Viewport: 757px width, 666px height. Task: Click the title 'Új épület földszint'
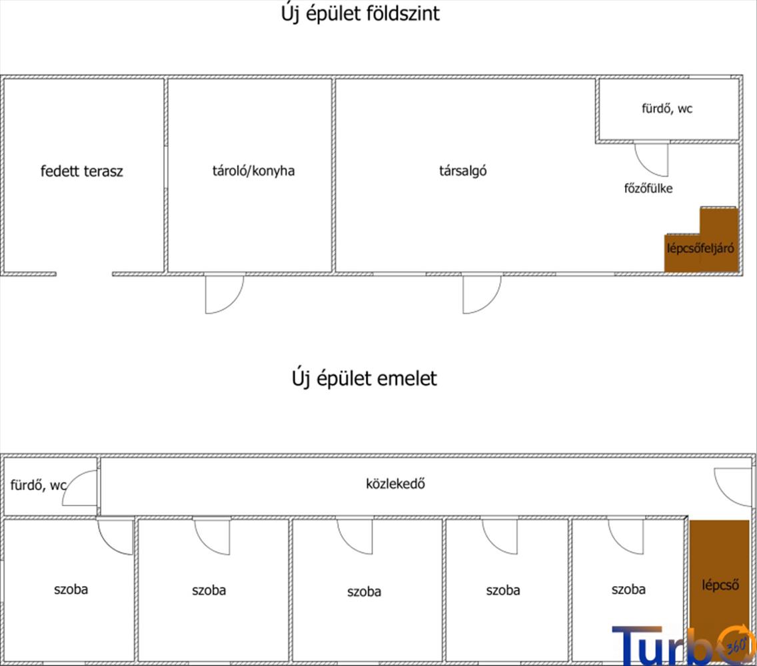click(361, 14)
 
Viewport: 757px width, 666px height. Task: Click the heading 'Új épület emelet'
click(364, 379)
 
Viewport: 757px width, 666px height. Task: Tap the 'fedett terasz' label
click(82, 171)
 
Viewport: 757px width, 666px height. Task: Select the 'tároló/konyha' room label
click(253, 170)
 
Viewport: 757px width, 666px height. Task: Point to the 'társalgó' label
click(462, 170)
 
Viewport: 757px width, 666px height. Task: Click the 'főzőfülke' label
click(648, 188)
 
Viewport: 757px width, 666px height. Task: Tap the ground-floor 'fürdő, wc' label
click(666, 109)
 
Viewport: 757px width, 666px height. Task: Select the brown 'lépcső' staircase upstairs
click(720, 586)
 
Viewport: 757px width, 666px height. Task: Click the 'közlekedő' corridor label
click(395, 484)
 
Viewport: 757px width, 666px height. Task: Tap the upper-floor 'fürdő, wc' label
click(38, 486)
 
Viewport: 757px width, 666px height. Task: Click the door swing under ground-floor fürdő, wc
click(650, 159)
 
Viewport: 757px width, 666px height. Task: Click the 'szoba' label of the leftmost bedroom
click(71, 589)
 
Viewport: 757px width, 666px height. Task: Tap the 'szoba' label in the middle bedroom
click(364, 591)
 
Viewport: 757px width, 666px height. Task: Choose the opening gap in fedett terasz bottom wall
click(84, 274)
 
